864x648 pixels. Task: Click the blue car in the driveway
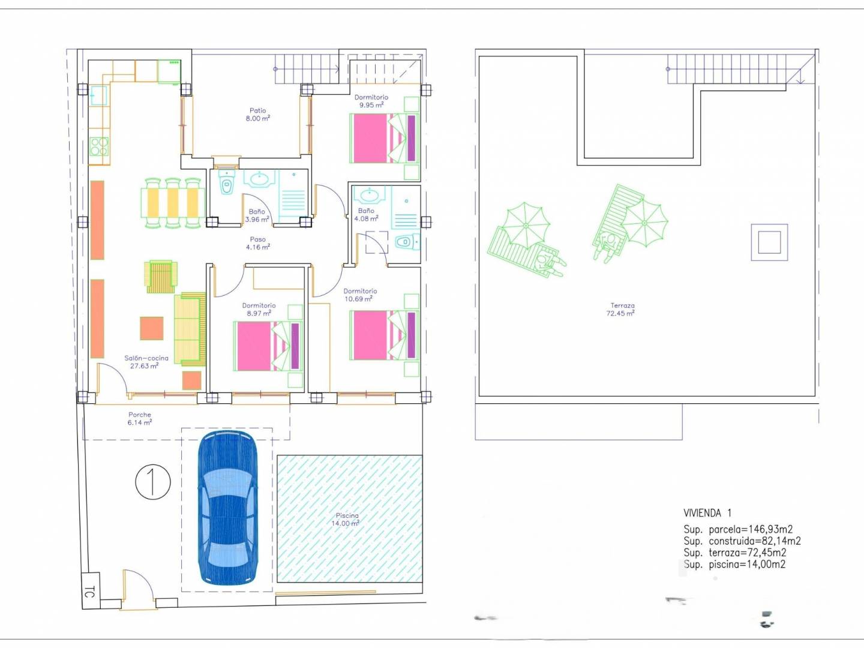[x=227, y=508]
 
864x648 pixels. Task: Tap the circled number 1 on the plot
[x=153, y=482]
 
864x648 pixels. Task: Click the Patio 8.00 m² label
[x=258, y=115]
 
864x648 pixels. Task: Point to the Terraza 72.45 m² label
[x=621, y=309]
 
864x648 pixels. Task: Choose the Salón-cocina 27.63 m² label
[x=146, y=362]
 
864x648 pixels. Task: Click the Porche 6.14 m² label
[x=140, y=419]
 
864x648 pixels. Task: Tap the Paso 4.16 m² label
[x=258, y=243]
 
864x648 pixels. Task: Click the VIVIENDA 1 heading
[x=707, y=513]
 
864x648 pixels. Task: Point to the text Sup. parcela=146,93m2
[x=738, y=529]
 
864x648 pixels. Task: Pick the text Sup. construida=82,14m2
[x=742, y=541]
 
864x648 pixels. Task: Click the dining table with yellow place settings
[x=173, y=203]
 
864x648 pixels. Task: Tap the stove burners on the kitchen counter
[x=99, y=146]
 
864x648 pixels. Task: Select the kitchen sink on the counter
[x=98, y=95]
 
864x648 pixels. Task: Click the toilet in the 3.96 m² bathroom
[x=226, y=182]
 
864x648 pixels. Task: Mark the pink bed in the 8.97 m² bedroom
[x=268, y=346]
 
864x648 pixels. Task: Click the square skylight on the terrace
[x=769, y=242]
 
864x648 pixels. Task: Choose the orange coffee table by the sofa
[x=152, y=328]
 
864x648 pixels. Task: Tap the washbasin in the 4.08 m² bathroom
[x=369, y=194]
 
